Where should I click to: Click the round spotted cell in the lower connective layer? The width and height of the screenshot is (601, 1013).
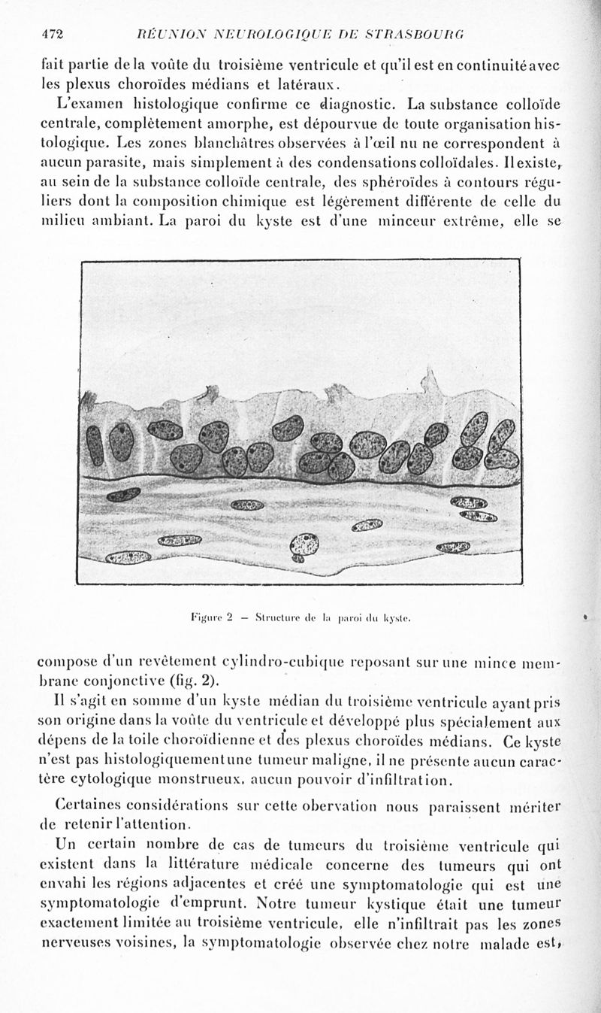tap(304, 544)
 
